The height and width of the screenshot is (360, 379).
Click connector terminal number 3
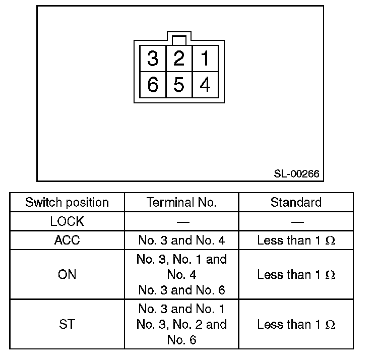152,59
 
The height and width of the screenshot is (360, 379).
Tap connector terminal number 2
179,59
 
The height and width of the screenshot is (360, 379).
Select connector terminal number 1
205,59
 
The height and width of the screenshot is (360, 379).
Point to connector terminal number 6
152,85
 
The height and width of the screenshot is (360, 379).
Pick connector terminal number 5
179,85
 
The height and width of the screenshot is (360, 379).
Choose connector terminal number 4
205,85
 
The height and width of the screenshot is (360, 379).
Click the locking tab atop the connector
179,39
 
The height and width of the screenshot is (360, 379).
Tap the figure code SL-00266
296,174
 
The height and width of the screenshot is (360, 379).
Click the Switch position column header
67,203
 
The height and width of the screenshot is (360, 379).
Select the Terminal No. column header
181,203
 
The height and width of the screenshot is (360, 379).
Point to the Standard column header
296,203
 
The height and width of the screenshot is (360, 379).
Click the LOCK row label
67,221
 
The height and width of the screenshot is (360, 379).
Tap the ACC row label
67,240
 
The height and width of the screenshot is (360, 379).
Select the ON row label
67,275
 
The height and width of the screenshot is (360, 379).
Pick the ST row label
67,324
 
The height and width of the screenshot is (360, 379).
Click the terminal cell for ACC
181,240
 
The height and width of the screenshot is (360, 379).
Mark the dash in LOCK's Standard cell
296,222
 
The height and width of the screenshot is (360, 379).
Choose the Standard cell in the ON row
296,275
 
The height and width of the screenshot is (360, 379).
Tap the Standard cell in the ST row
296,324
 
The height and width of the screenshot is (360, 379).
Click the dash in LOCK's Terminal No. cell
182,222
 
